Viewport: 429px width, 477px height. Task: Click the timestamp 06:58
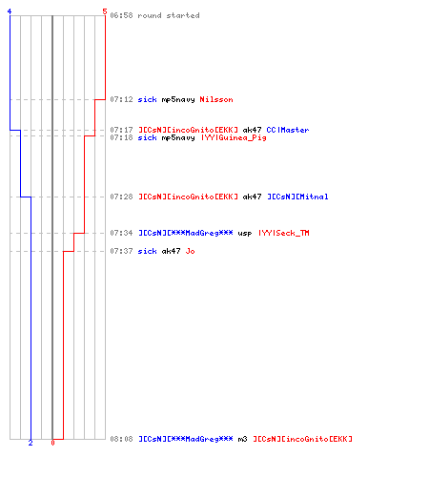click(x=121, y=15)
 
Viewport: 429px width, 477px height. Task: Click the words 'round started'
click(x=169, y=15)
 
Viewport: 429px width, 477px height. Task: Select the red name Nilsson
click(x=216, y=99)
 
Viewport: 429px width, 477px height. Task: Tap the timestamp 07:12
click(x=121, y=99)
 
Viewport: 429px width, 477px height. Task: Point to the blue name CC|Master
click(x=288, y=130)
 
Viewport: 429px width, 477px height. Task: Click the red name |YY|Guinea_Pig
click(x=234, y=137)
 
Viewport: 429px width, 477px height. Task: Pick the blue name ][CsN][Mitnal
click(x=297, y=197)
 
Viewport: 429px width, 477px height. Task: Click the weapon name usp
click(x=245, y=234)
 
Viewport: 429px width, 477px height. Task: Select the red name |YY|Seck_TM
click(x=284, y=233)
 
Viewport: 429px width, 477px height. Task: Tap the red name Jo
click(x=190, y=251)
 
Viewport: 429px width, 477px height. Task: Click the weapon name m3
click(x=242, y=439)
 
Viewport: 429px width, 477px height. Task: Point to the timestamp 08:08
click(x=121, y=439)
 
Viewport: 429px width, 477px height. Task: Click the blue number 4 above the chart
click(x=10, y=11)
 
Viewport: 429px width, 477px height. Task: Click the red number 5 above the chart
click(x=105, y=11)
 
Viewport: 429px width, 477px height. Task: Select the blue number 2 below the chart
click(x=31, y=443)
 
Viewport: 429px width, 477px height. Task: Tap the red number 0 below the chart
click(x=52, y=443)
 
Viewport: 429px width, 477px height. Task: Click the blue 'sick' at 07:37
click(x=147, y=251)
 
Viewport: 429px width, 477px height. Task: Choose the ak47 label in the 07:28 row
click(x=252, y=197)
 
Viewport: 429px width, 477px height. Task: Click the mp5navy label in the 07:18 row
click(x=178, y=138)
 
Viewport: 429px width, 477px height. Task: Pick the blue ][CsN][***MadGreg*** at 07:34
click(x=186, y=233)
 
